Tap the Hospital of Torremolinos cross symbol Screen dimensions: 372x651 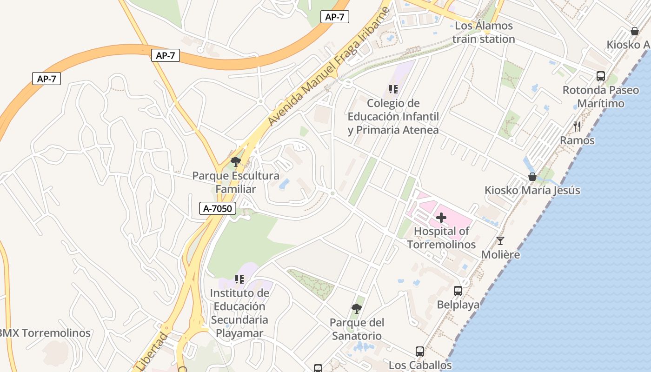click(441, 217)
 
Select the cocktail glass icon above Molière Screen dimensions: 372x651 click(500, 240)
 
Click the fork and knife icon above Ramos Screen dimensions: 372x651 click(577, 126)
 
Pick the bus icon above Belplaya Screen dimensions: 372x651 click(458, 291)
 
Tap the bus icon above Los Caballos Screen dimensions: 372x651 click(420, 352)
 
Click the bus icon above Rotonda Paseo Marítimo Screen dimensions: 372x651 click(601, 76)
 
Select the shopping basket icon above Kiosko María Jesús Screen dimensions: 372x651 click(532, 177)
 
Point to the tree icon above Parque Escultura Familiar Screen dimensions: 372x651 click(236, 162)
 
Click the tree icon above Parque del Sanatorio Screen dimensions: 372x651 click(356, 308)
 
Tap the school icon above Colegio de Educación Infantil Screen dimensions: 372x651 click(393, 89)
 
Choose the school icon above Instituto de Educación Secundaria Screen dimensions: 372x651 click(239, 279)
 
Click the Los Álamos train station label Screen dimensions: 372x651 click(484, 32)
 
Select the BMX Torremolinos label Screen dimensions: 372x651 click(45, 333)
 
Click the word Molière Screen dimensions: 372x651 click(500, 255)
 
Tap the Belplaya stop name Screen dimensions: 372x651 click(458, 305)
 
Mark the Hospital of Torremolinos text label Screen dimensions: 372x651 click(441, 238)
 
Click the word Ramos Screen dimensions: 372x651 click(577, 140)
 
